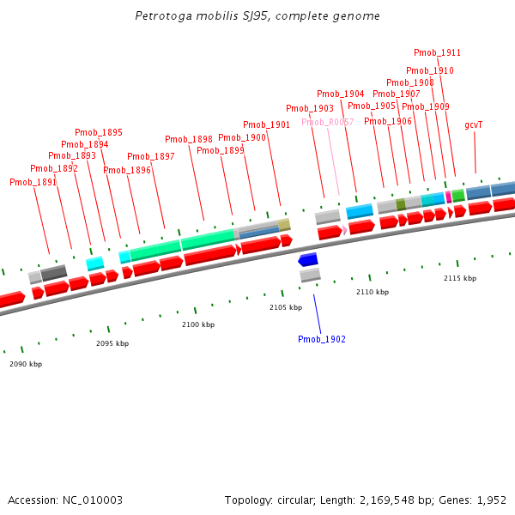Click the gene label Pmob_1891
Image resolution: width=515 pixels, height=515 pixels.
[33, 182]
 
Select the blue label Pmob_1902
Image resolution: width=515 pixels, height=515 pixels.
[322, 339]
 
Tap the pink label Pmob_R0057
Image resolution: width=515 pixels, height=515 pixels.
[327, 122]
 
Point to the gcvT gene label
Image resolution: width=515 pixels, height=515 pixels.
[474, 124]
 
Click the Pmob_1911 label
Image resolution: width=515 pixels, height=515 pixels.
[437, 52]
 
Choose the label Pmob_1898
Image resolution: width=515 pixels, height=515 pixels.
[189, 139]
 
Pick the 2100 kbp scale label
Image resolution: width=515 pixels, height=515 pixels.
[198, 324]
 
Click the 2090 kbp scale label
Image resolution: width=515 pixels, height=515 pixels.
[26, 364]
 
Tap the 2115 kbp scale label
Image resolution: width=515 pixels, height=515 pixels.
[460, 278]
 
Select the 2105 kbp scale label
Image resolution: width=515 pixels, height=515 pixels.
[286, 306]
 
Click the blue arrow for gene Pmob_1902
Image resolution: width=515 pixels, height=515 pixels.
[307, 259]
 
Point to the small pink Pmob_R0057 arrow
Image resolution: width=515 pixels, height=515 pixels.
[344, 230]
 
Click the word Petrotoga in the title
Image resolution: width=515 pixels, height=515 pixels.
[161, 16]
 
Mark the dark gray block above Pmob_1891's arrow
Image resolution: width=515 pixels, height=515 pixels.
[53, 273]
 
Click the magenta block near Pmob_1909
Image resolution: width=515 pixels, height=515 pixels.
[448, 197]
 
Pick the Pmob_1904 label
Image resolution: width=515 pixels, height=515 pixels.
[340, 94]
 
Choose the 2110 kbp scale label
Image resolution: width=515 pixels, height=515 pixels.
[373, 292]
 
